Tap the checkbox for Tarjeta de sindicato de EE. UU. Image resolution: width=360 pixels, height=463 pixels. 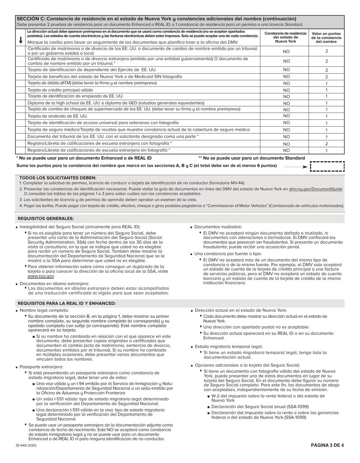click(x=21, y=116)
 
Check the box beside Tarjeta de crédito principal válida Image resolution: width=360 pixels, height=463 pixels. click(x=21, y=90)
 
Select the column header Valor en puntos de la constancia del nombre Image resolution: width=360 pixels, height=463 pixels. click(x=326, y=37)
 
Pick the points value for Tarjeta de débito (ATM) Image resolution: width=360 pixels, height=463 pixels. click(x=326, y=83)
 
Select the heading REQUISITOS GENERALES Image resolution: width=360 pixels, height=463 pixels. click(x=46, y=218)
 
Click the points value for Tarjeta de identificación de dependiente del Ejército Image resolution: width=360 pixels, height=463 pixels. click(x=326, y=70)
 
